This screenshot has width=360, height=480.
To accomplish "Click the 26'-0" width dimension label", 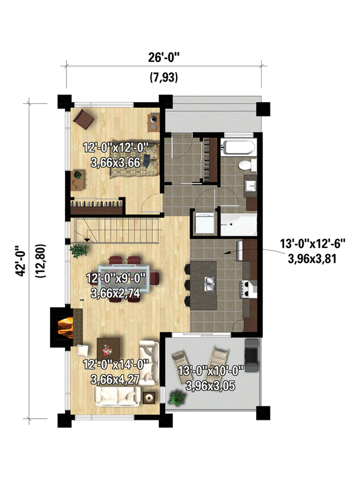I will pos(164,58).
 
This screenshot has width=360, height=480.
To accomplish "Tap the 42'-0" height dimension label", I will pos(21,261).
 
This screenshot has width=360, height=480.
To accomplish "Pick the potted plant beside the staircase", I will pos(79,250).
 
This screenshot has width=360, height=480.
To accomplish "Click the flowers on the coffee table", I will pos(109,347).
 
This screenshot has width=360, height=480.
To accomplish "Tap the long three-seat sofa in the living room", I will pos(117,396).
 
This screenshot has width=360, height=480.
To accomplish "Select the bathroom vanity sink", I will pos(250,186).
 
